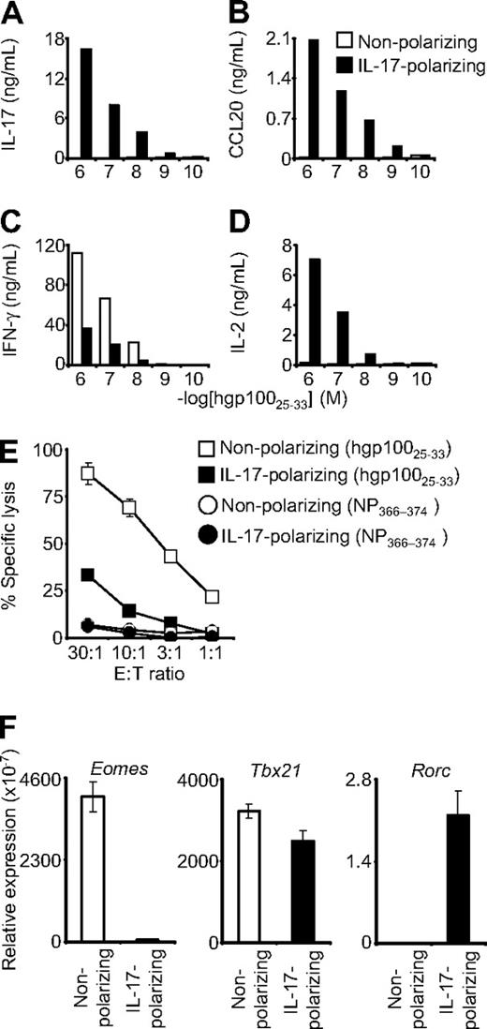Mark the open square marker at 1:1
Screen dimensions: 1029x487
213,596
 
